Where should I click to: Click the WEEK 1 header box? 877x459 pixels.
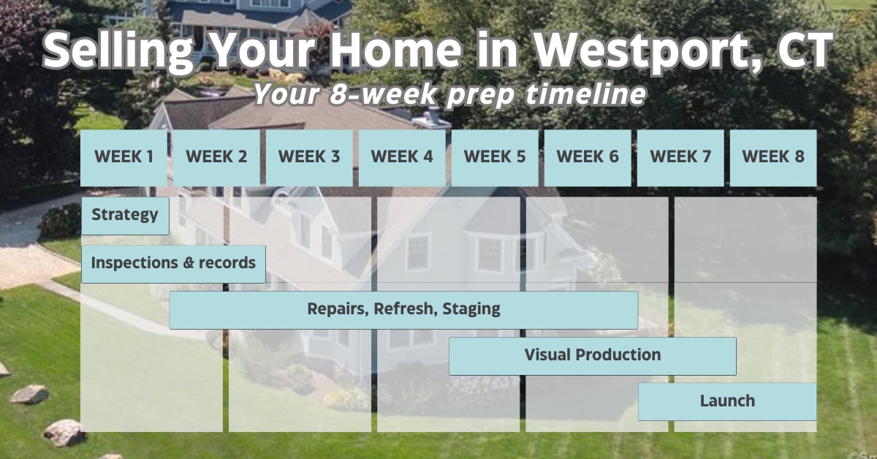pos(124,158)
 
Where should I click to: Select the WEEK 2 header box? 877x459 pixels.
pos(216,158)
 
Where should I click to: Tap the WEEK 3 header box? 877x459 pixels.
pos(309,158)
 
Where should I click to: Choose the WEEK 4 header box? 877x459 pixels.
pos(402,158)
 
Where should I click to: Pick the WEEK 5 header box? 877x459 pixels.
pos(495,158)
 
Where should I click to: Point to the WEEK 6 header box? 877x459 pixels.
pos(588,158)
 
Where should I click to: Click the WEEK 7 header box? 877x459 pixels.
pos(680,158)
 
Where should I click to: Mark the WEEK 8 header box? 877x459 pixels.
pos(773,158)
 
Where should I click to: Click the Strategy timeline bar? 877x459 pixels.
pos(125,216)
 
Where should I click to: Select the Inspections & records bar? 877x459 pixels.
pos(173,264)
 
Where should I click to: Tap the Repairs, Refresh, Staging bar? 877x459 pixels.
pos(403,310)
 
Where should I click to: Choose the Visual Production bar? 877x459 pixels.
pos(593,357)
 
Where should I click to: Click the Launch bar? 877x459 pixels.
pos(727,402)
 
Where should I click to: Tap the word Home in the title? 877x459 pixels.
pos(396,50)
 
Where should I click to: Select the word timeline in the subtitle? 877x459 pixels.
pos(585,94)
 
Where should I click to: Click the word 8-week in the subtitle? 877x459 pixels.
pos(383,94)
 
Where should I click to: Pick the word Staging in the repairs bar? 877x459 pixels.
pos(471,309)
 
